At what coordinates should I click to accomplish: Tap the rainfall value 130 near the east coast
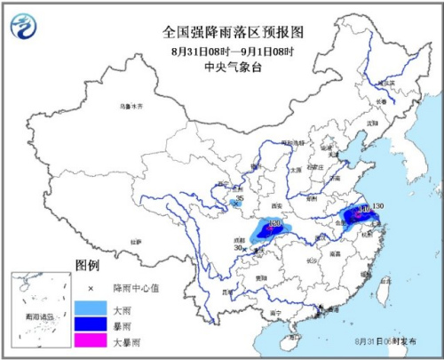tap(378, 206)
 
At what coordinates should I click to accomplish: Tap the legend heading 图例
tap(87, 265)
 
